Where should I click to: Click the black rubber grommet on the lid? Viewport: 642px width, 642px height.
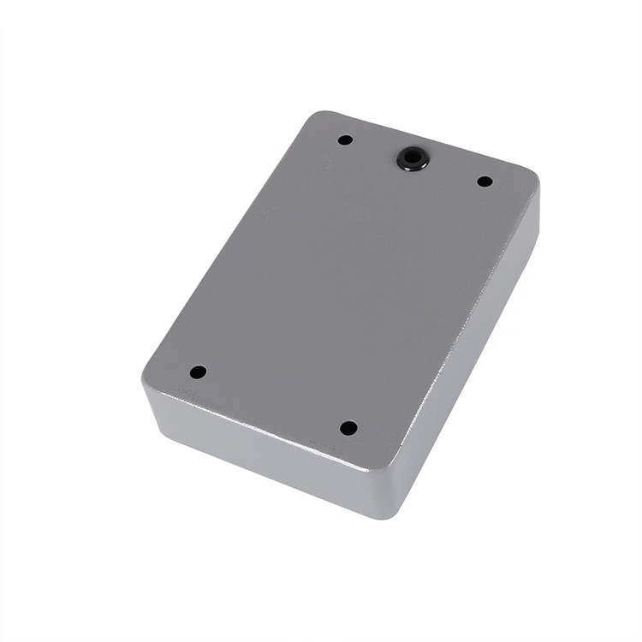tap(413, 158)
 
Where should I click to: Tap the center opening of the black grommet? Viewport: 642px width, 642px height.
tap(413, 158)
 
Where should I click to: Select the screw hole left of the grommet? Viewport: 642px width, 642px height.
tap(345, 140)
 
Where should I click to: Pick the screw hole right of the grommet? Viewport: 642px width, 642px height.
tap(484, 181)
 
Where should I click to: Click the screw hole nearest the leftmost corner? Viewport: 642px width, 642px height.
tap(198, 372)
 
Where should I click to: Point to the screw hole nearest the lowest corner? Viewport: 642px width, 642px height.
tap(348, 428)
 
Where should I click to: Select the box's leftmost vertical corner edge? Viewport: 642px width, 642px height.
tap(145, 402)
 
